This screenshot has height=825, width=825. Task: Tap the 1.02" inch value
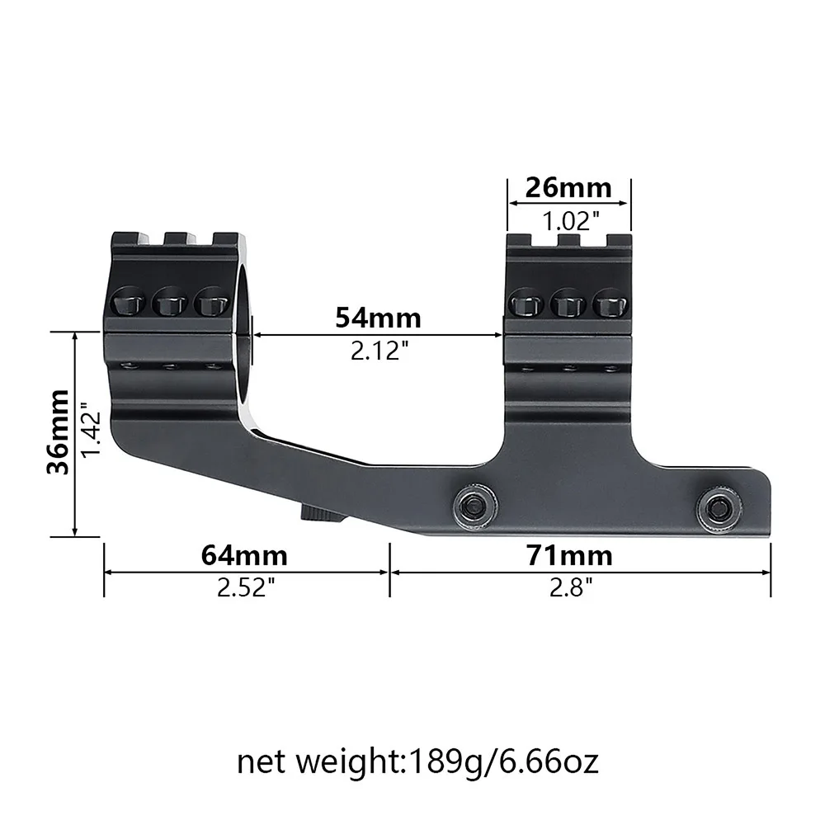568,220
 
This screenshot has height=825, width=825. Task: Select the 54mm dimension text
378,317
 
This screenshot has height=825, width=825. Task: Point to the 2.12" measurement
379,352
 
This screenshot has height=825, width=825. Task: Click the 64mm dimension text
245,555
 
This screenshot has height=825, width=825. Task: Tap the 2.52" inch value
245,588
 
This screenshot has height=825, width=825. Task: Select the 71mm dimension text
570,555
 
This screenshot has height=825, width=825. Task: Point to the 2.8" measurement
570,588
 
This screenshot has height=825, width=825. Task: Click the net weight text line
417,761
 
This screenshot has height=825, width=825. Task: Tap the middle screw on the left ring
171,302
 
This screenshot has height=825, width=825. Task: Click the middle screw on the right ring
568,303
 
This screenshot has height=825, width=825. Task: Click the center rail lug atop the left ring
176,238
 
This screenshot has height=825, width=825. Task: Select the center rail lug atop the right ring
568,240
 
